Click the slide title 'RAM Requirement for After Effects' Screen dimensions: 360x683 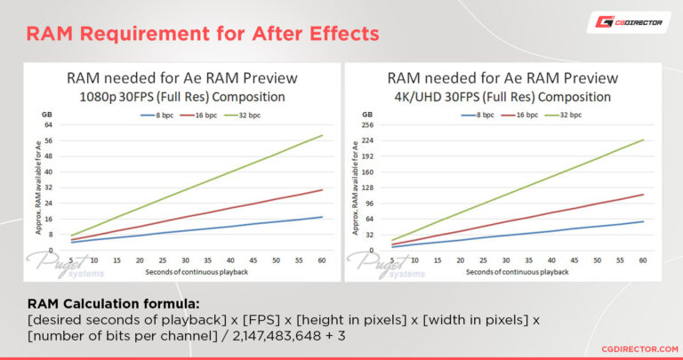[x=203, y=34]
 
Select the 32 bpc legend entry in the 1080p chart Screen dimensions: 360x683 [x=258, y=116]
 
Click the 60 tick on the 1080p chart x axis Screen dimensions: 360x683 [x=320, y=261]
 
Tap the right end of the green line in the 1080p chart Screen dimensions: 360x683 [x=322, y=135]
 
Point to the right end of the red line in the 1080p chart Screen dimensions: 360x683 [x=322, y=189]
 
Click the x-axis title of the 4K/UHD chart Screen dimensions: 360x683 [x=516, y=271]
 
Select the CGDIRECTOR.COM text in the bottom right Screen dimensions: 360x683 [x=634, y=349]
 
